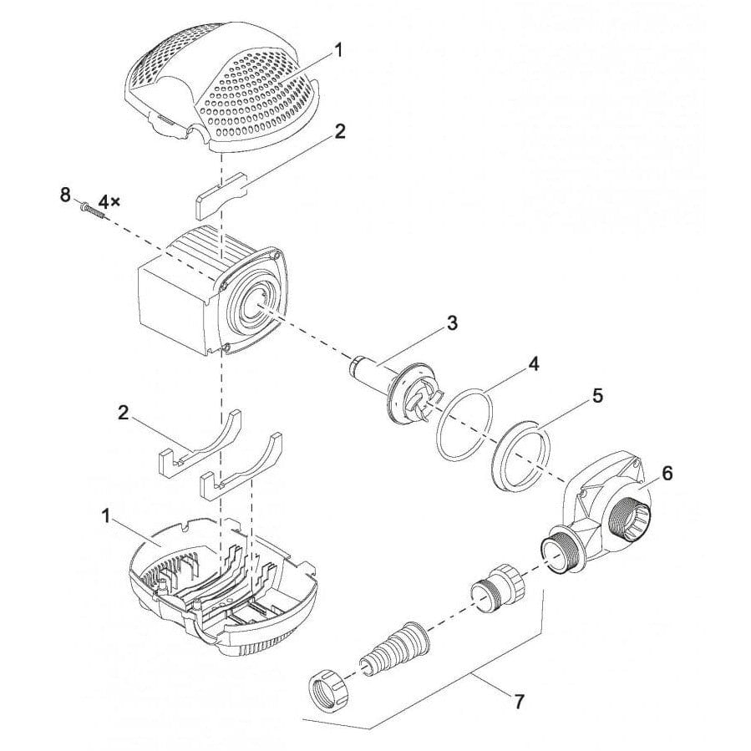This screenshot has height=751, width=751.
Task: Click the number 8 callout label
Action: [x=65, y=196]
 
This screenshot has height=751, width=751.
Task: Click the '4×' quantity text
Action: [x=110, y=201]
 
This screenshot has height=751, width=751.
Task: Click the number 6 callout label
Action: [x=666, y=474]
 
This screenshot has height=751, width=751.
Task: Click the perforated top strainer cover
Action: [x=226, y=92]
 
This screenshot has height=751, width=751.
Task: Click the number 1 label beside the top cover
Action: [x=339, y=50]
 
